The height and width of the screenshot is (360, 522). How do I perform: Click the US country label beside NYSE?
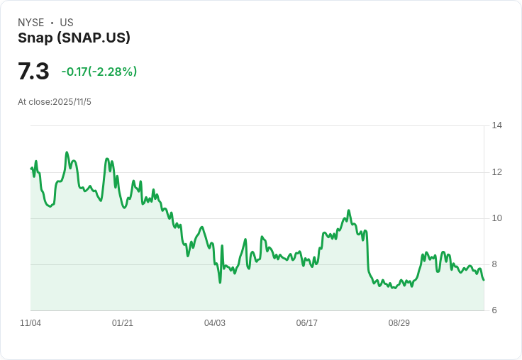(67, 23)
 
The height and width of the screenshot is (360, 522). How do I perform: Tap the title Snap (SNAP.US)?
(74, 38)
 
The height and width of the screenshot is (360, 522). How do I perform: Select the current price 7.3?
(33, 72)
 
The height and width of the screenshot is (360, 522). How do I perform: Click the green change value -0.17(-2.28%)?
(99, 72)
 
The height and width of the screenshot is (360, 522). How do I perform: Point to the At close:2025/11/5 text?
(55, 102)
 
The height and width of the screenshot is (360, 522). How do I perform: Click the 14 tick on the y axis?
(496, 125)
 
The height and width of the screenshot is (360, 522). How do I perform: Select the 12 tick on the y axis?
(496, 172)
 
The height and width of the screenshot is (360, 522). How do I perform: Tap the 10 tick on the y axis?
(496, 218)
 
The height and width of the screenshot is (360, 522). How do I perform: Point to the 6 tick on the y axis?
(494, 310)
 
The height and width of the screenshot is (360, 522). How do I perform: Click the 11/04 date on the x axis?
(30, 323)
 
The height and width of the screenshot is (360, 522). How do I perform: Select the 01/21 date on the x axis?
(123, 323)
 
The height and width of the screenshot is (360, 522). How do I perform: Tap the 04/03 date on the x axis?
(215, 323)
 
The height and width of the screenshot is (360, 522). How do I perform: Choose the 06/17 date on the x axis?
(307, 323)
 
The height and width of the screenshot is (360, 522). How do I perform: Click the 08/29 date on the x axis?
(399, 323)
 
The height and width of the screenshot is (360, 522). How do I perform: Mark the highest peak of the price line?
(67, 152)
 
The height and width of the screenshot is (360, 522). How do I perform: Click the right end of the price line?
(484, 280)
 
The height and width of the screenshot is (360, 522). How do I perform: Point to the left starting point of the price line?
(31, 168)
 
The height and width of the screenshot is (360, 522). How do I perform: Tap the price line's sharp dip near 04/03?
(220, 282)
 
